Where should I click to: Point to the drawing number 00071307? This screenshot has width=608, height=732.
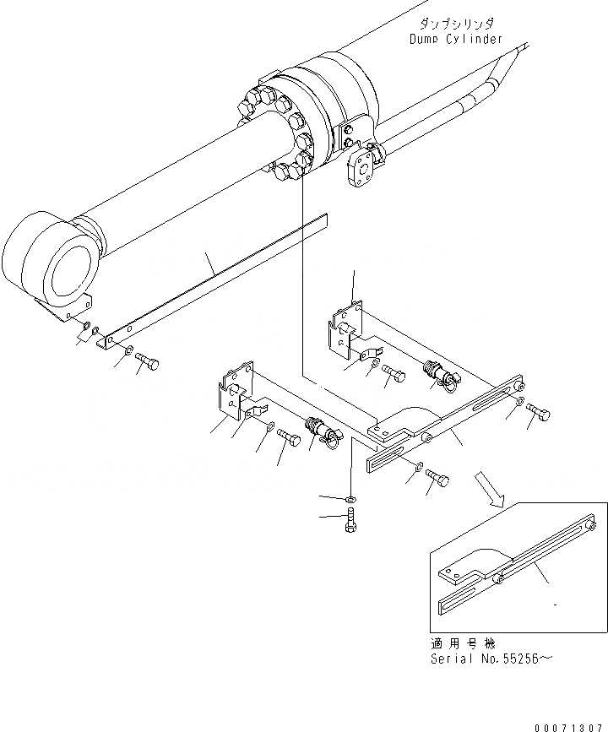tap(569, 724)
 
